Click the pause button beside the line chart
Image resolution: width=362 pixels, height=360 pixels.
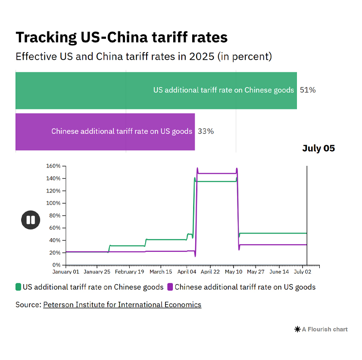pyautogui.click(x=31, y=220)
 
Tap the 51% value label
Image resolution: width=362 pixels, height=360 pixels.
pyautogui.click(x=308, y=90)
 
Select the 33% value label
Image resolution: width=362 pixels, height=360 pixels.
pyautogui.click(x=206, y=131)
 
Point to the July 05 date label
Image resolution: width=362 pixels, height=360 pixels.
pyautogui.click(x=318, y=148)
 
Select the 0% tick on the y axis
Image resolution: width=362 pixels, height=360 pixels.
pyautogui.click(x=56, y=265)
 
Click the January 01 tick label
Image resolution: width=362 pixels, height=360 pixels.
pyautogui.click(x=66, y=272)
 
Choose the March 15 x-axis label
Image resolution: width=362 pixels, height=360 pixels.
pyautogui.click(x=160, y=272)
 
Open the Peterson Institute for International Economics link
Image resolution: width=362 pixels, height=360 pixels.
pyautogui.click(x=122, y=304)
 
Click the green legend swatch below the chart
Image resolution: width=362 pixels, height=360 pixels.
pyautogui.click(x=18, y=287)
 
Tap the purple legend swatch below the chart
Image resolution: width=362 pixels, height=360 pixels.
pyautogui.click(x=170, y=287)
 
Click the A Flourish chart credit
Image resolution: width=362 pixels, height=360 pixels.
pyautogui.click(x=321, y=329)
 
